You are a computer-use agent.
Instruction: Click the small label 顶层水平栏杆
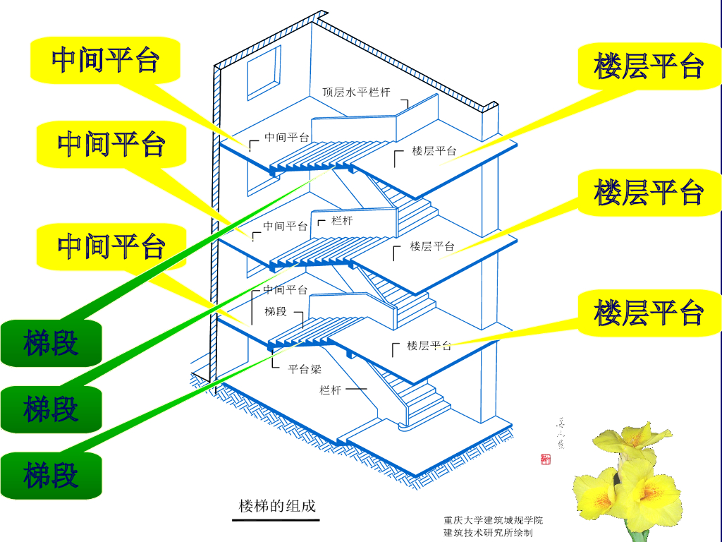point(356,92)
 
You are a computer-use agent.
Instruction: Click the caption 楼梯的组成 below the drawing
point(277,505)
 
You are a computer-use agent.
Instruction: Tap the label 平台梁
point(305,368)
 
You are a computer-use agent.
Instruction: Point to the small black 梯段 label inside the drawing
point(276,311)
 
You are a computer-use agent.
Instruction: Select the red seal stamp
point(546,459)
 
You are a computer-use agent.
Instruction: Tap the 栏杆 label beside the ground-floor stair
point(331,390)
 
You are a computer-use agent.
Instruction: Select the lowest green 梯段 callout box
point(51,476)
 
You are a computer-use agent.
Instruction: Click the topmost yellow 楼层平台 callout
point(649,66)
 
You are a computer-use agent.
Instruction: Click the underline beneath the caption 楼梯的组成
point(276,520)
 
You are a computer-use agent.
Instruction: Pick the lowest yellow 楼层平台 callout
point(649,313)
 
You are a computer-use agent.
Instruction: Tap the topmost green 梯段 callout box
point(51,344)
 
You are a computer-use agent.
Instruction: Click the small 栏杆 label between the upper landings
point(342,221)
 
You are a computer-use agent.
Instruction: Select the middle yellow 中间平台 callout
point(111,144)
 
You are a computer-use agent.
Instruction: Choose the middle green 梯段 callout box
point(51,409)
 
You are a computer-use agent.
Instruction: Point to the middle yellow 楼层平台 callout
point(649,192)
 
